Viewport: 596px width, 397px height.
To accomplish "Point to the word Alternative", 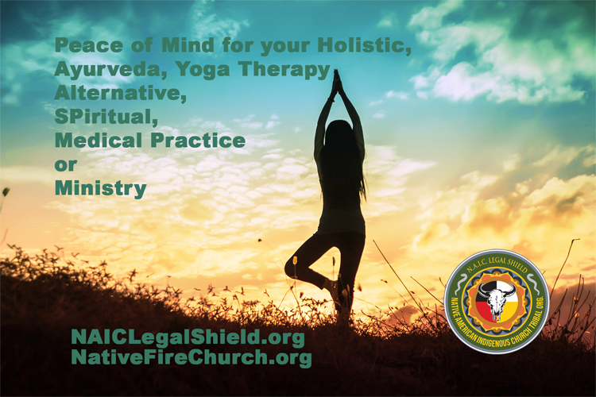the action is click(121, 93).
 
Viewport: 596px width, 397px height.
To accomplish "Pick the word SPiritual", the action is click(106, 117).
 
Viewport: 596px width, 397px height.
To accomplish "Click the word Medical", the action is click(99, 141).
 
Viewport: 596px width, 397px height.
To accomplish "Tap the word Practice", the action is click(198, 141).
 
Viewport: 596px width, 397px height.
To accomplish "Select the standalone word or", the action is click(66, 165).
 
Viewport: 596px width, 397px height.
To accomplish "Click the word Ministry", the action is click(101, 188).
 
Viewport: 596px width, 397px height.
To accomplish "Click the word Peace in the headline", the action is click(89, 45).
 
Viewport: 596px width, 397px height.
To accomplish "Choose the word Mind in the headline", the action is click(188, 45).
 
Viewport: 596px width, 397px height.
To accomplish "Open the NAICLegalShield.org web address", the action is click(188, 337).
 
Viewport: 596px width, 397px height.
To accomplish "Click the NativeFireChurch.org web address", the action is click(192, 357).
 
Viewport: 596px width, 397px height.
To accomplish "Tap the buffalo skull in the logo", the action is click(496, 299).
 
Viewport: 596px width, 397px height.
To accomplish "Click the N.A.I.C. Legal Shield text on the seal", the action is click(497, 264).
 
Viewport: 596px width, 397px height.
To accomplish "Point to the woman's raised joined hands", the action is click(336, 83).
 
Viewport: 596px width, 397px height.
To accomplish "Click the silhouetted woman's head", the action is click(338, 133).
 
